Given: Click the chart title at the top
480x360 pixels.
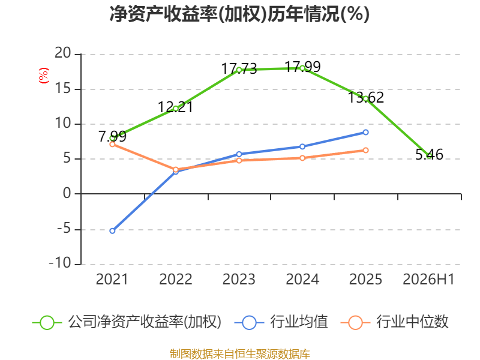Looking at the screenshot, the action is click(239, 14).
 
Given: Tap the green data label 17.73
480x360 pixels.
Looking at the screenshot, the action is click(239, 68).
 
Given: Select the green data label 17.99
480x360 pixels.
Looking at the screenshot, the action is click(302, 67).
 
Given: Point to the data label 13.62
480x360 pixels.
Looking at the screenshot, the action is click(366, 97).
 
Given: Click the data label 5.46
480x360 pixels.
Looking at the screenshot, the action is click(429, 155).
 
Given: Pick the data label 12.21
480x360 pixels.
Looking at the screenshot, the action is click(175, 107).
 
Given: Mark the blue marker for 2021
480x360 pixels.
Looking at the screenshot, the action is click(112, 231).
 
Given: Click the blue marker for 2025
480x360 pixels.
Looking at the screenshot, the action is click(365, 132).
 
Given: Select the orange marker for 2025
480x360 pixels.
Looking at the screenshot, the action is click(365, 151).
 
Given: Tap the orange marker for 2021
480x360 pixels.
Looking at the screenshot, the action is click(112, 144).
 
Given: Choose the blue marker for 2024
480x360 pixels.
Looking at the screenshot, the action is click(302, 146).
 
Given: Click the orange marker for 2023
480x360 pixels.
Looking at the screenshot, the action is click(239, 160).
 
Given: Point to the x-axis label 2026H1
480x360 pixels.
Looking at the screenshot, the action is click(428, 279).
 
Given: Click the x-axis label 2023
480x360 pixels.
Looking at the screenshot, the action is click(239, 279).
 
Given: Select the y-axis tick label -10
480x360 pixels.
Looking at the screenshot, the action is click(60, 263).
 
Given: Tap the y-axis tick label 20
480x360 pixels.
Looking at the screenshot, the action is click(63, 53).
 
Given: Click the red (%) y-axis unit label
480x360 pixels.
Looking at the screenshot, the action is click(43, 76).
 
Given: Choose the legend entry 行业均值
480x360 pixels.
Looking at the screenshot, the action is click(281, 322).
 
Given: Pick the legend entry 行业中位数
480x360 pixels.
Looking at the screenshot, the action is click(395, 322).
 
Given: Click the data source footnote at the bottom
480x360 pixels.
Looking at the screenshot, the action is click(240, 354).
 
